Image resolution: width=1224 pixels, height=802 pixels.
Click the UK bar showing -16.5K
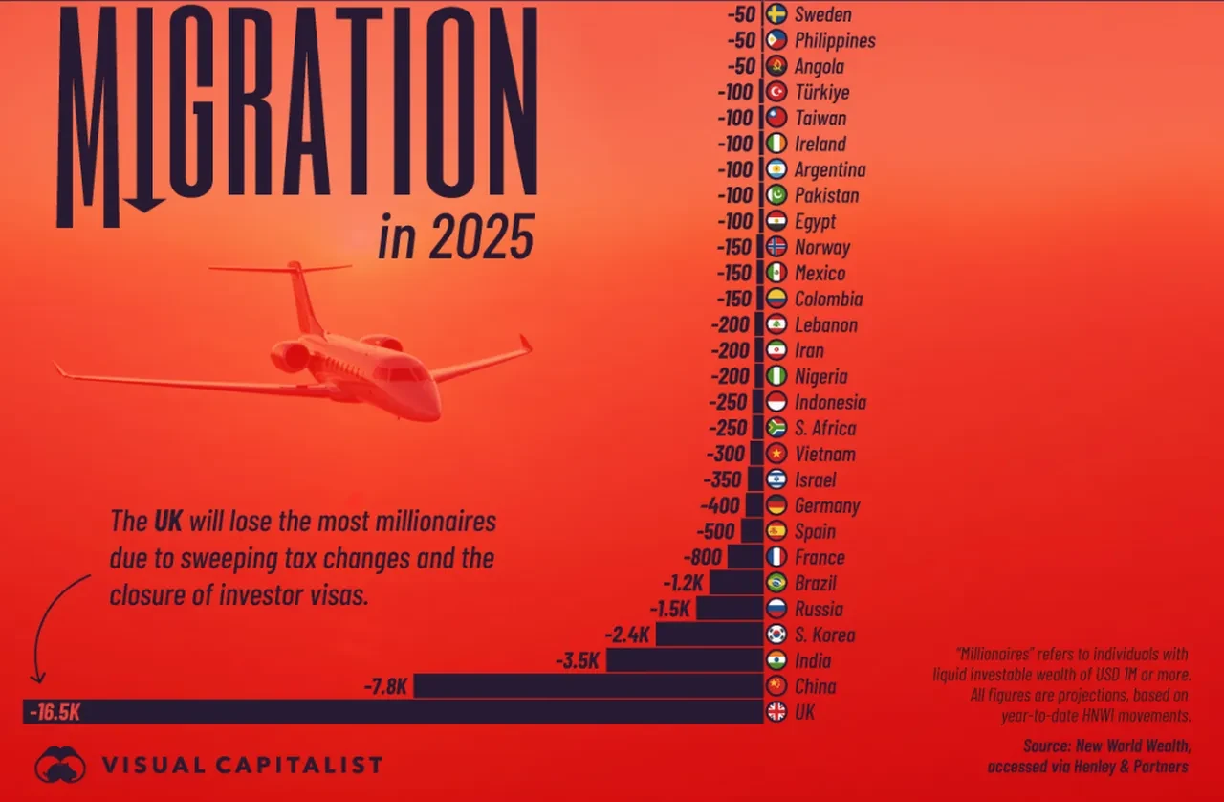(392, 711)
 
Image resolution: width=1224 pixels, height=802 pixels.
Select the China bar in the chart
(587, 685)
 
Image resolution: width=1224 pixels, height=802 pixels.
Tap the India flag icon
(776, 660)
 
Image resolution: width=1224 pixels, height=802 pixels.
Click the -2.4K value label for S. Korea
(628, 635)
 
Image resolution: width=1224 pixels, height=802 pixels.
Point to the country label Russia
(820, 609)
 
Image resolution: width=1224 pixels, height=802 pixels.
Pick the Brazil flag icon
(776, 583)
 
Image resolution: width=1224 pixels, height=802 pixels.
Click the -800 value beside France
(703, 557)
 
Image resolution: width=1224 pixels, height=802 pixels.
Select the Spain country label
(815, 531)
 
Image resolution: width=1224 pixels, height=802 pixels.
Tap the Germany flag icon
(776, 505)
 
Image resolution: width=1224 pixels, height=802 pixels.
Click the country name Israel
(816, 479)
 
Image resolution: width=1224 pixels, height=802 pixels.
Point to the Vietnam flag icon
(776, 454)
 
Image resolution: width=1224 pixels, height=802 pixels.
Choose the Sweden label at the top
(822, 14)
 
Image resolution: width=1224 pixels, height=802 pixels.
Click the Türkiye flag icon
(776, 92)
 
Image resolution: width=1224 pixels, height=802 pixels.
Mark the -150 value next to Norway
(734, 247)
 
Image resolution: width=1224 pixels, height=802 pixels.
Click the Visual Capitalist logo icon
(59, 764)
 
